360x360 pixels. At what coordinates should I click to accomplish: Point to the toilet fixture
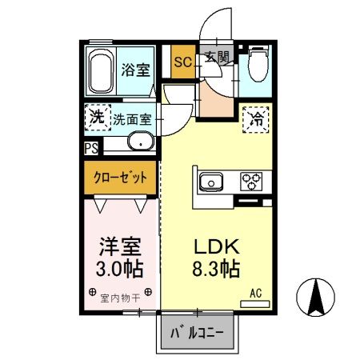[258, 66]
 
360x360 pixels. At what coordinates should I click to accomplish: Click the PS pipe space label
[90, 148]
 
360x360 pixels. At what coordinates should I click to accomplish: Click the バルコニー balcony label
[196, 334]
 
